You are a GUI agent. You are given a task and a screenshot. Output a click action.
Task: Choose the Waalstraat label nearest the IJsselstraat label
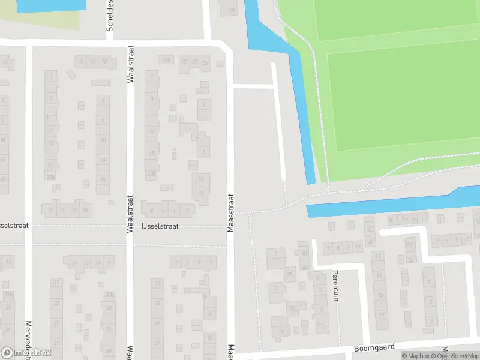(x=129, y=213)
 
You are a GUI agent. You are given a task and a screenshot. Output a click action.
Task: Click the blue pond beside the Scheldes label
(x=51, y=5)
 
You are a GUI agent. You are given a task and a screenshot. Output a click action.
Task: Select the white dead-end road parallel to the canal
(x=279, y=120)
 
